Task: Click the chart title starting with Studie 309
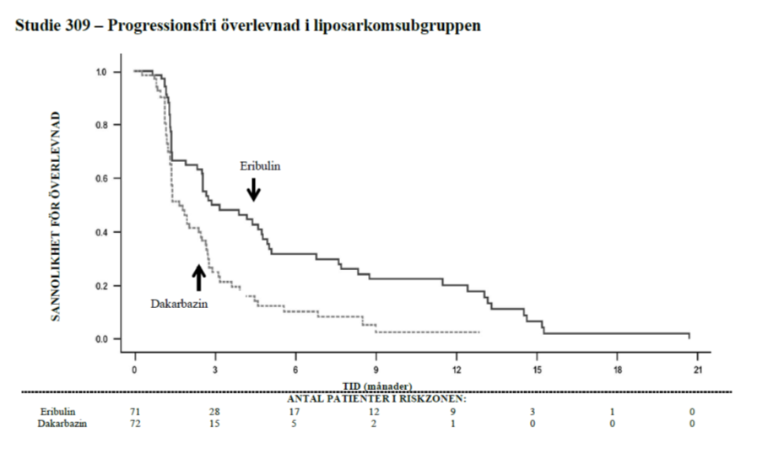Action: pos(248,25)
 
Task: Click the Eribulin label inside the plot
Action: pos(261,166)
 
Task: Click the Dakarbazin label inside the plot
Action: pos(180,301)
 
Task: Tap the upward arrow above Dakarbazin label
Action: pos(199,277)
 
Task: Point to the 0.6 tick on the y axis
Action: pos(101,179)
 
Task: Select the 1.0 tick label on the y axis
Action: pos(101,72)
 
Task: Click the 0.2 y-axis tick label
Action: pos(101,286)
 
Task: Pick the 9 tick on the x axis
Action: pos(376,370)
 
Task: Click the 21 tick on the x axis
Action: pos(698,370)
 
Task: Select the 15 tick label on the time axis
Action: pos(538,370)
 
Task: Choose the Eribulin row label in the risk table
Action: pos(57,411)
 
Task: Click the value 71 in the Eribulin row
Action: pos(135,411)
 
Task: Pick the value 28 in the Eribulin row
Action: pos(215,411)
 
